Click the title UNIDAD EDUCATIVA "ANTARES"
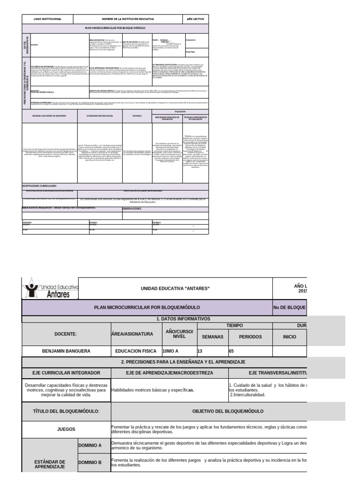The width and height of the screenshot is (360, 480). [x=175, y=288]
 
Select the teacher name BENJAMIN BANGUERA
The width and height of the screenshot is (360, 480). [x=66, y=350]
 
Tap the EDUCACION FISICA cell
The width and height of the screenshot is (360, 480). [x=136, y=350]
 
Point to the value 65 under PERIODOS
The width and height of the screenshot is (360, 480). [x=232, y=350]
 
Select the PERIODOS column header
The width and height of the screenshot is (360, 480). [x=250, y=337]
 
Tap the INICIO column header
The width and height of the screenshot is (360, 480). [x=290, y=337]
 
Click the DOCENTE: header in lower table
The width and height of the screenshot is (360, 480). [x=66, y=333]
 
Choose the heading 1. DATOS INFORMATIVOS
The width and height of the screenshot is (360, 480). [x=184, y=319]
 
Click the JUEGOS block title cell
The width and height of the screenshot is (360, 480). [x=66, y=428]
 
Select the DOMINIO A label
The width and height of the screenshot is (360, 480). [x=94, y=445]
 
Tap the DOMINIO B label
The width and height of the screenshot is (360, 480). [x=94, y=462]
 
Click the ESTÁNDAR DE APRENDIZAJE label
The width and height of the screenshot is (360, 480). [x=50, y=464]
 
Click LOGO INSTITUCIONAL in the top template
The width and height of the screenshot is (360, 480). [x=48, y=19]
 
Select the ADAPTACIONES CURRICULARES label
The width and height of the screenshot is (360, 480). [x=40, y=186]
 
